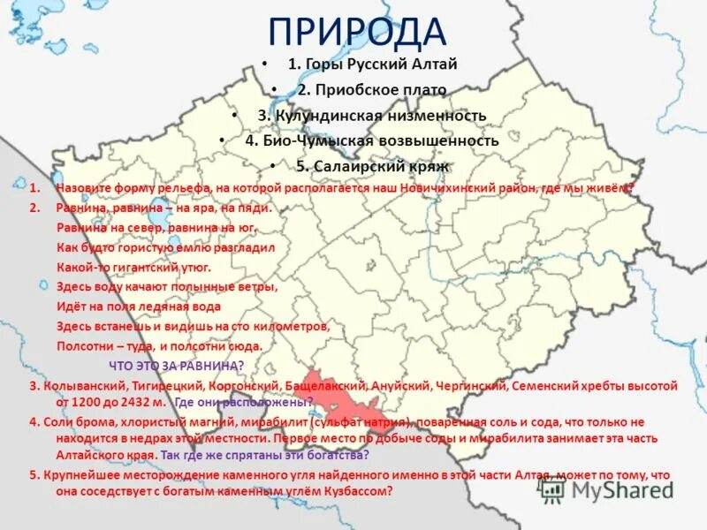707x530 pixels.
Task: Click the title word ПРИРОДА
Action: [357, 32]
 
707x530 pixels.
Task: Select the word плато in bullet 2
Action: [426, 89]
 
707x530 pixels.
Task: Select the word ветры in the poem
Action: [256, 286]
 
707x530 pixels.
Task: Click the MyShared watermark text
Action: [619, 491]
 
